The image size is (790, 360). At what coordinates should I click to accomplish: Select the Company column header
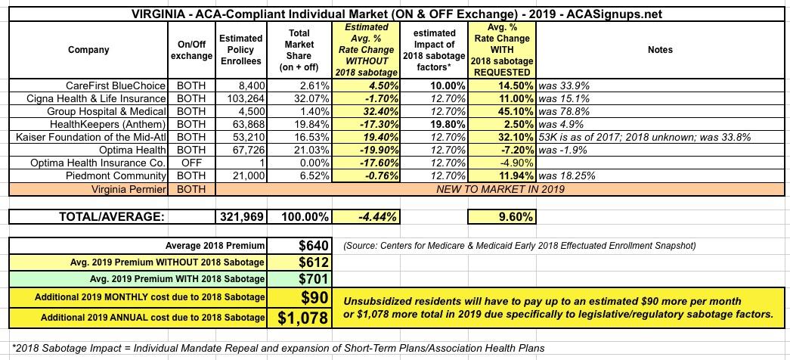point(88,50)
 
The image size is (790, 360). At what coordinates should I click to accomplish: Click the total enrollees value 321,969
point(242,216)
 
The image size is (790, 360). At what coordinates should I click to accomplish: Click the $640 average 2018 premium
point(311,246)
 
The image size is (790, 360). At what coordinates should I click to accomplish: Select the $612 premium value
point(311,262)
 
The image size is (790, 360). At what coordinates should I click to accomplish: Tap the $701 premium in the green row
point(311,278)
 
